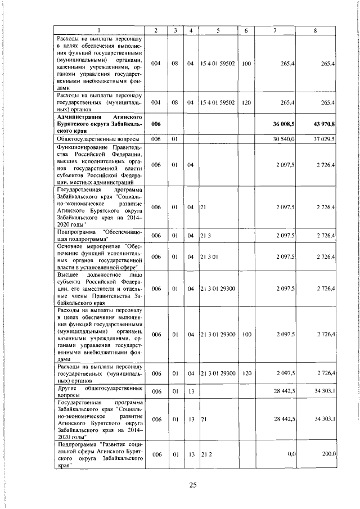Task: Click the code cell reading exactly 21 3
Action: [205, 235]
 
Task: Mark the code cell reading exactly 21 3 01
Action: [208, 256]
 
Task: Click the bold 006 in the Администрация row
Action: [156, 138]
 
